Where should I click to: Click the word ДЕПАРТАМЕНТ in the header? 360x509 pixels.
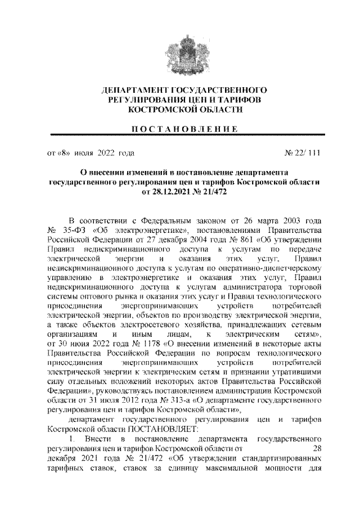point(133,90)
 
